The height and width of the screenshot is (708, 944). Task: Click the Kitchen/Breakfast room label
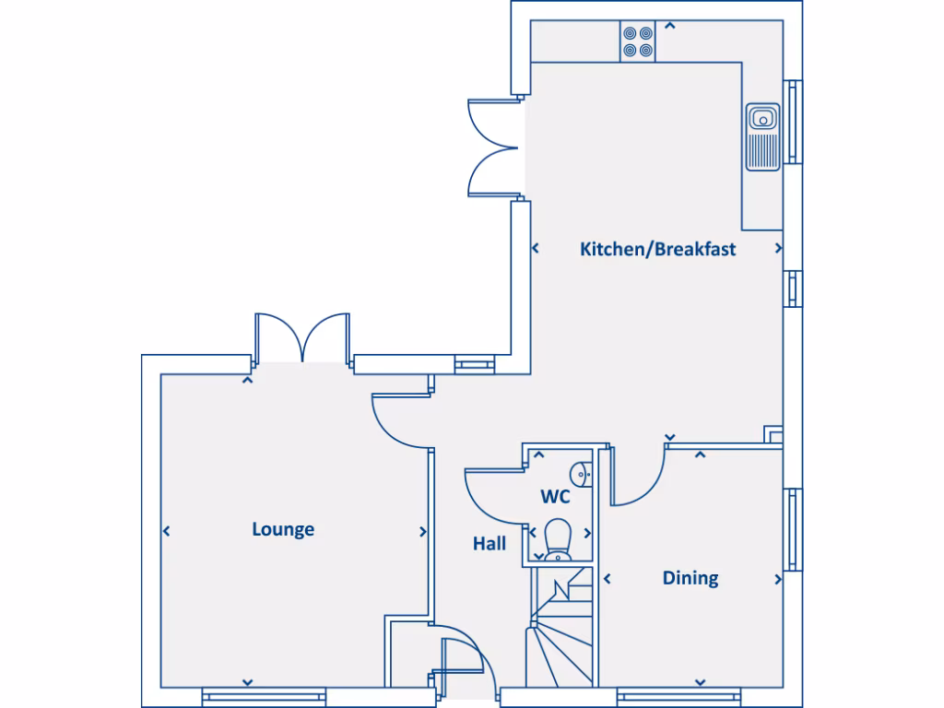pyautogui.click(x=657, y=249)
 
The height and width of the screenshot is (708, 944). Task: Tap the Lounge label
pyautogui.click(x=283, y=529)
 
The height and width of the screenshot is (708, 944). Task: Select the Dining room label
pyautogui.click(x=690, y=578)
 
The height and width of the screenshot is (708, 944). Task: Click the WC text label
pyautogui.click(x=555, y=497)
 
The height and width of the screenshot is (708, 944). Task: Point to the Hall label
pyautogui.click(x=490, y=544)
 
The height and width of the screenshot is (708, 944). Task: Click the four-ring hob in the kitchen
pyautogui.click(x=637, y=41)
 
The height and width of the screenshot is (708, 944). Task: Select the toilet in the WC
pyautogui.click(x=558, y=540)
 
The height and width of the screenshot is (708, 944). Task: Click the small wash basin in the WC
pyautogui.click(x=580, y=473)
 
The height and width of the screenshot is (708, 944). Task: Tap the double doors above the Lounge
pyautogui.click(x=303, y=337)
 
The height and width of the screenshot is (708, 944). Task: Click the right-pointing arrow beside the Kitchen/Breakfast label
pyautogui.click(x=779, y=249)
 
